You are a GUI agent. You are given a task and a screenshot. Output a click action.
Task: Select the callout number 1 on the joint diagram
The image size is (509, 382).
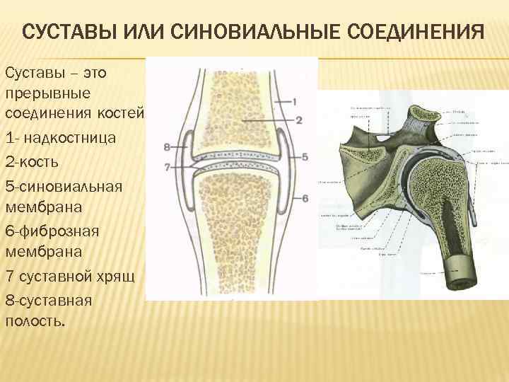click(x=293, y=101)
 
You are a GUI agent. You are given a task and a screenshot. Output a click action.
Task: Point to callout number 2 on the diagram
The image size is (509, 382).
click(x=299, y=120)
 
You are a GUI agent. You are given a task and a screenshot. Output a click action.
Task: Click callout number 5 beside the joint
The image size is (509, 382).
click(x=305, y=156)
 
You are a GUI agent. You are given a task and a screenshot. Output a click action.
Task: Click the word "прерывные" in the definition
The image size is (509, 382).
click(x=46, y=93)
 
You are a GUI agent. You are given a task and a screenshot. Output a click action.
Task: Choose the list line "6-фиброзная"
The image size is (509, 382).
click(x=52, y=231)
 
